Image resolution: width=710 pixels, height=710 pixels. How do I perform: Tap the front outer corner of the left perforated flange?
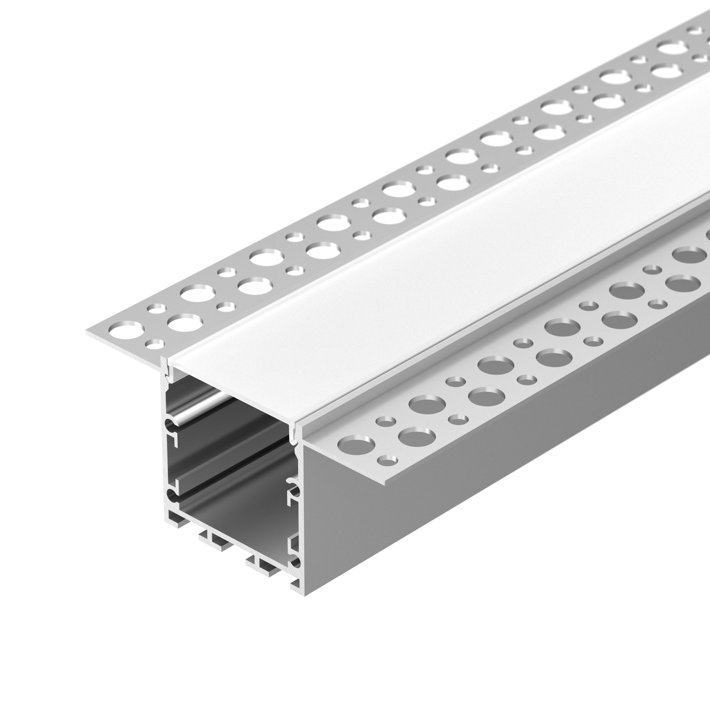[88, 333]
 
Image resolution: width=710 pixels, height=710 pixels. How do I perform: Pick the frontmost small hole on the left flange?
[154, 344]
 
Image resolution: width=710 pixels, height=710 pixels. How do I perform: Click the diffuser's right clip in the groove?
[293, 434]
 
